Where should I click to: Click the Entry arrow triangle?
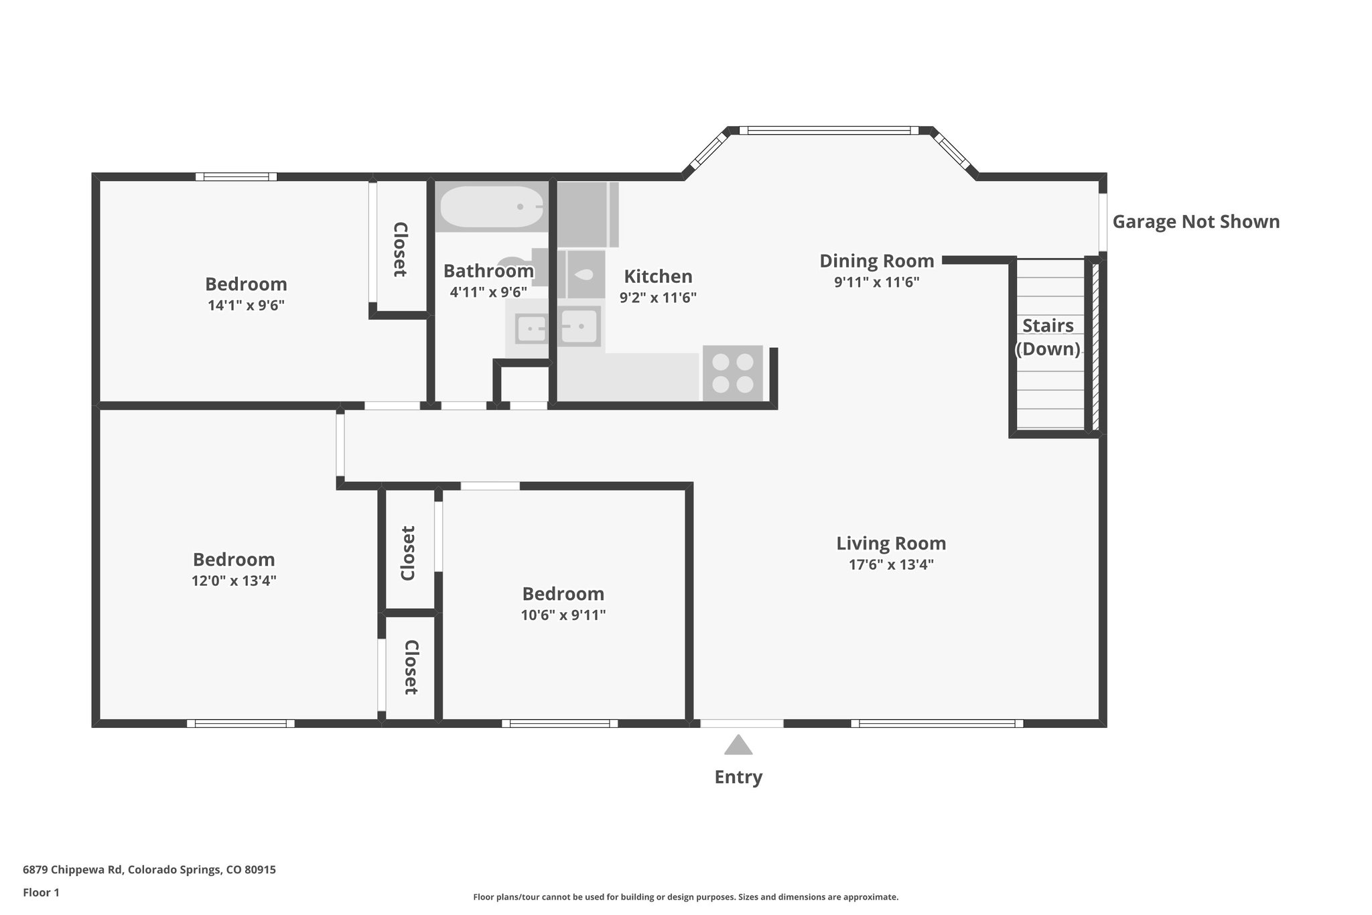pyautogui.click(x=738, y=745)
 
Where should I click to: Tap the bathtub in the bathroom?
pyautogui.click(x=491, y=207)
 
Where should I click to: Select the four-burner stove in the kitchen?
pyautogui.click(x=733, y=373)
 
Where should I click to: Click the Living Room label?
pyautogui.click(x=891, y=543)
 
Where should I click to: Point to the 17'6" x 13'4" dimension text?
pyautogui.click(x=891, y=564)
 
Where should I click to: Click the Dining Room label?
pyautogui.click(x=876, y=261)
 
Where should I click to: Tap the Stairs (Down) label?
pyautogui.click(x=1048, y=337)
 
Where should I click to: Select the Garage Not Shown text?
pyautogui.click(x=1196, y=222)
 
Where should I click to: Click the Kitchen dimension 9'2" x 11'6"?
pyautogui.click(x=658, y=298)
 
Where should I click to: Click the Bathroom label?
pyautogui.click(x=488, y=271)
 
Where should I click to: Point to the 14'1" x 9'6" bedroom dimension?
pyautogui.click(x=246, y=306)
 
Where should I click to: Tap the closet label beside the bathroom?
pyautogui.click(x=400, y=249)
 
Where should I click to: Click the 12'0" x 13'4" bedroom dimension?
pyautogui.click(x=234, y=581)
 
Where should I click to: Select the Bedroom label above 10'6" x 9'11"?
pyautogui.click(x=563, y=594)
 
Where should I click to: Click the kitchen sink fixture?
pyautogui.click(x=579, y=326)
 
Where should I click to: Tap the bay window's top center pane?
pyautogui.click(x=829, y=131)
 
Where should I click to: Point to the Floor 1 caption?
pyautogui.click(x=41, y=892)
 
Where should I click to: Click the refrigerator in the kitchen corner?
pyautogui.click(x=587, y=214)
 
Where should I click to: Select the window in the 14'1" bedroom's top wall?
pyautogui.click(x=236, y=177)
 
